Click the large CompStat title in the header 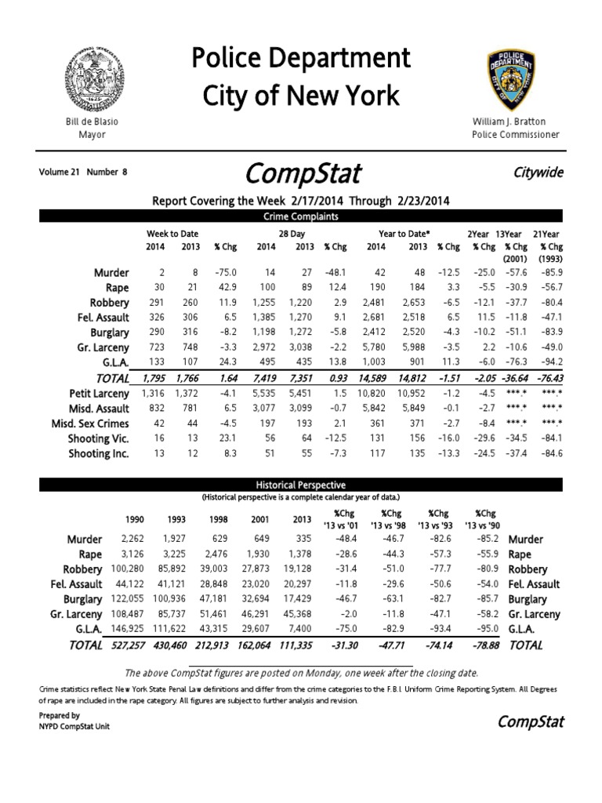tap(303, 173)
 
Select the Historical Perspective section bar tap(300, 485)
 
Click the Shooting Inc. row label tap(98, 453)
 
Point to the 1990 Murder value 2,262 tap(134, 540)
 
